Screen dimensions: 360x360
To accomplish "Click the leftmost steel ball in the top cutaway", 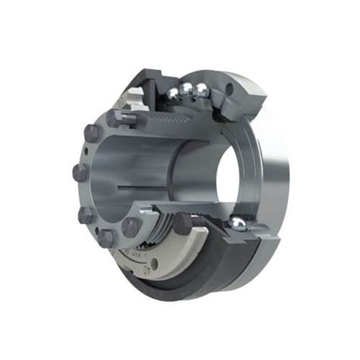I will coord(174,93).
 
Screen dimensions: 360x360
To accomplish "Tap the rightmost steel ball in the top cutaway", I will coord(201,91).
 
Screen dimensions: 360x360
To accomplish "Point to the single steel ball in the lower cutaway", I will coord(238,223).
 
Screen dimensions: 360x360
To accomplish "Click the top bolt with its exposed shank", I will coord(119,117).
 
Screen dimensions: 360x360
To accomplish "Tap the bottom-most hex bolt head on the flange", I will coord(106,238).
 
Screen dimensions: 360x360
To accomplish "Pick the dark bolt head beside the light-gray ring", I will coord(183,224).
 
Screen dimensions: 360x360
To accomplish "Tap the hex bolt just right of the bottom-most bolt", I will coord(131,227).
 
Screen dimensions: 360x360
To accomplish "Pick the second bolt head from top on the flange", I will coord(90,134).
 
